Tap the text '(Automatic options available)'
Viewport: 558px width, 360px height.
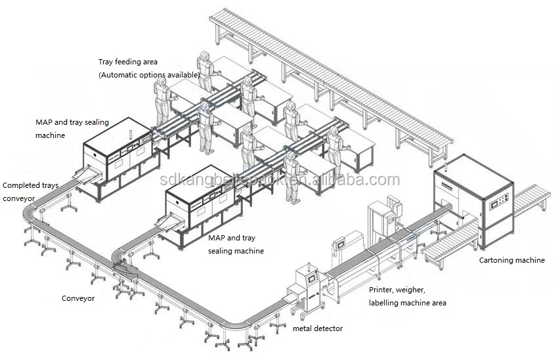coord(149,76)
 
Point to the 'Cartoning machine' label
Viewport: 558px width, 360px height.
coord(511,260)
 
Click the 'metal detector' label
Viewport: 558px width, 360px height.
coord(318,328)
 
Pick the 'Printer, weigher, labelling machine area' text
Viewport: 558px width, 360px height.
coord(407,296)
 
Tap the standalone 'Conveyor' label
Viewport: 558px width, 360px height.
coord(78,298)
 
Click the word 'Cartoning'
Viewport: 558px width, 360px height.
coord(495,260)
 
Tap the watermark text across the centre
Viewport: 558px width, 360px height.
coord(279,180)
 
